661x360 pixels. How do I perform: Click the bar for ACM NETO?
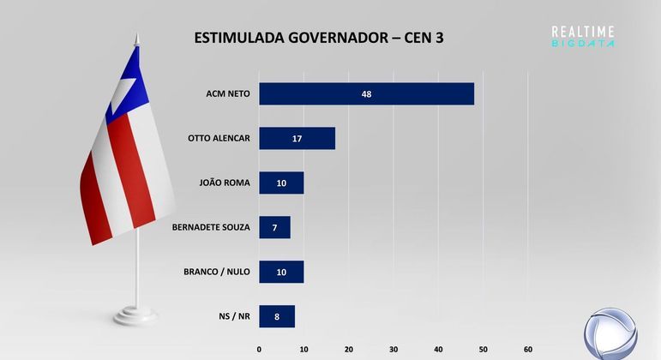coord(366,93)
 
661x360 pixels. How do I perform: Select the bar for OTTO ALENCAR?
coord(297,138)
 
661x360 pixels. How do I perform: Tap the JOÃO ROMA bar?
coord(281,183)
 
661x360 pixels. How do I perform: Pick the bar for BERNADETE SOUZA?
coord(274,227)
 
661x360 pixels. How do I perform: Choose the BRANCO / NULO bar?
coord(281,272)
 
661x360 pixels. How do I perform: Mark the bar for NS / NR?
coord(277,316)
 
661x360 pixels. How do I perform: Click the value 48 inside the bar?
coord(366,93)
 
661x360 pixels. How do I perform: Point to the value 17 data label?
coord(297,138)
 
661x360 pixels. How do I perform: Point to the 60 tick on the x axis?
coord(528,349)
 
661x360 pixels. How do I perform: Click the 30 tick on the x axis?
coord(394,349)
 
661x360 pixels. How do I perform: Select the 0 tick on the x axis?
coord(259,349)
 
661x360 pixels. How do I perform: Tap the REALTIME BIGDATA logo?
coord(583,36)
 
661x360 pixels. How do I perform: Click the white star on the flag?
coord(125,88)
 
